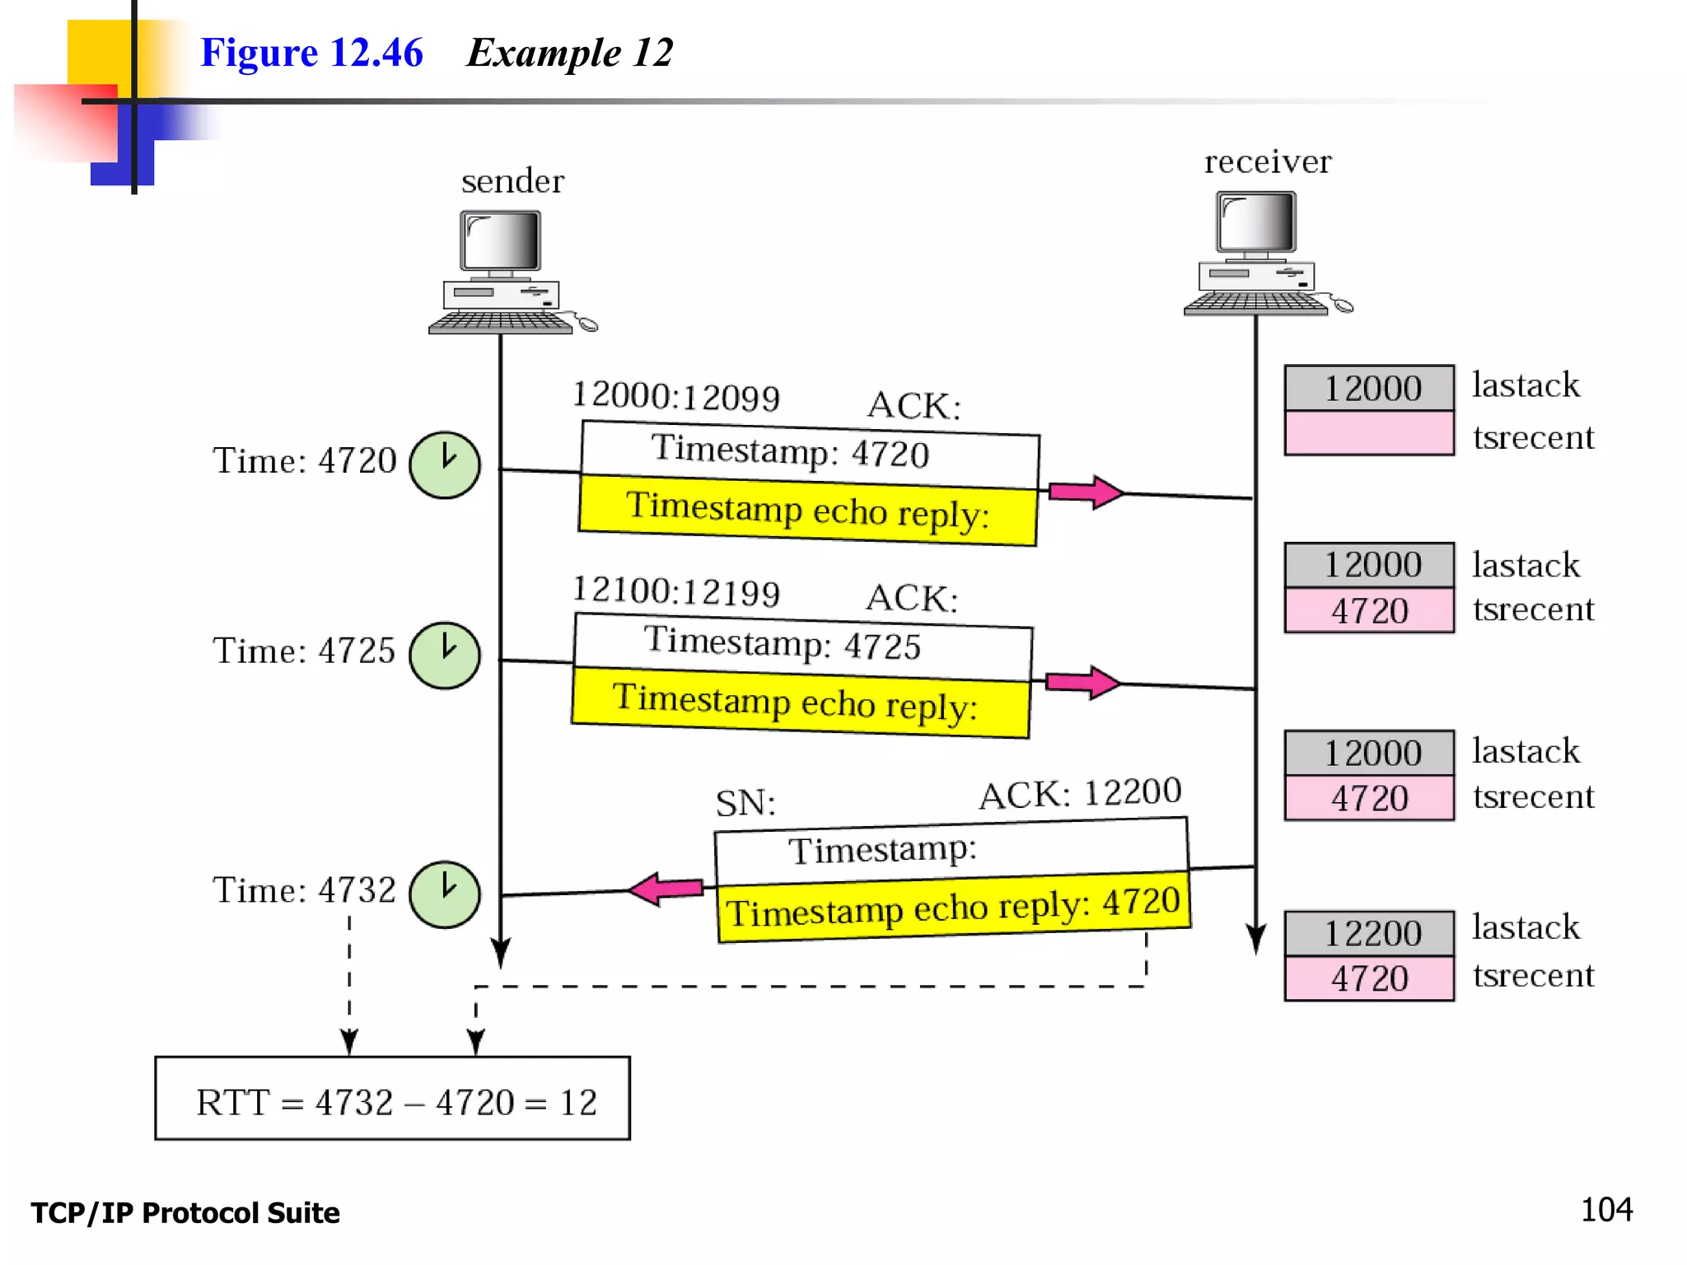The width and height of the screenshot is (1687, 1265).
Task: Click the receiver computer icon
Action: coord(1259,253)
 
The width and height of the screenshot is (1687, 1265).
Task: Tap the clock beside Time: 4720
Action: coord(445,465)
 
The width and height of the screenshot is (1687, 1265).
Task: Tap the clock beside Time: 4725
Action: coord(445,656)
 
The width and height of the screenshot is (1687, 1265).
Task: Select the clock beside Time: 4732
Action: coord(445,894)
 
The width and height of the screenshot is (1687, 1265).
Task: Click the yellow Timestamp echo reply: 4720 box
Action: coord(953,907)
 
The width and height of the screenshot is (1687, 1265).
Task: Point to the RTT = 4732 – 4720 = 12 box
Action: coord(393,1099)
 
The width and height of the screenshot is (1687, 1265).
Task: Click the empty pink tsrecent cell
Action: coord(1369,433)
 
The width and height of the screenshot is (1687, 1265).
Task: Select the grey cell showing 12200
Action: coord(1369,934)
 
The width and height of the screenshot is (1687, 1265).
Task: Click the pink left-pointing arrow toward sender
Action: coord(666,889)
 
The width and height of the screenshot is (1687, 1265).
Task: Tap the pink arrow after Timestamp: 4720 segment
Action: coord(1085,492)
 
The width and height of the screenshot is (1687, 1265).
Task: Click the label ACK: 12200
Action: coord(1080,794)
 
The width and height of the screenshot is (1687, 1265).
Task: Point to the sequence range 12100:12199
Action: coord(675,591)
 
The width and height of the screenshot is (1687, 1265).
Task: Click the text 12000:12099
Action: coord(675,396)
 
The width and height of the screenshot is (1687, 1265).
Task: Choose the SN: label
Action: coord(745,803)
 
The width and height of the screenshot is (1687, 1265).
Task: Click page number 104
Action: coord(1605,1210)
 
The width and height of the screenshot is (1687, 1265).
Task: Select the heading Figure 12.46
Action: coord(311,53)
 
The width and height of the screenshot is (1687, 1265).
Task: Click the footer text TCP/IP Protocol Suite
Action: coord(185,1213)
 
